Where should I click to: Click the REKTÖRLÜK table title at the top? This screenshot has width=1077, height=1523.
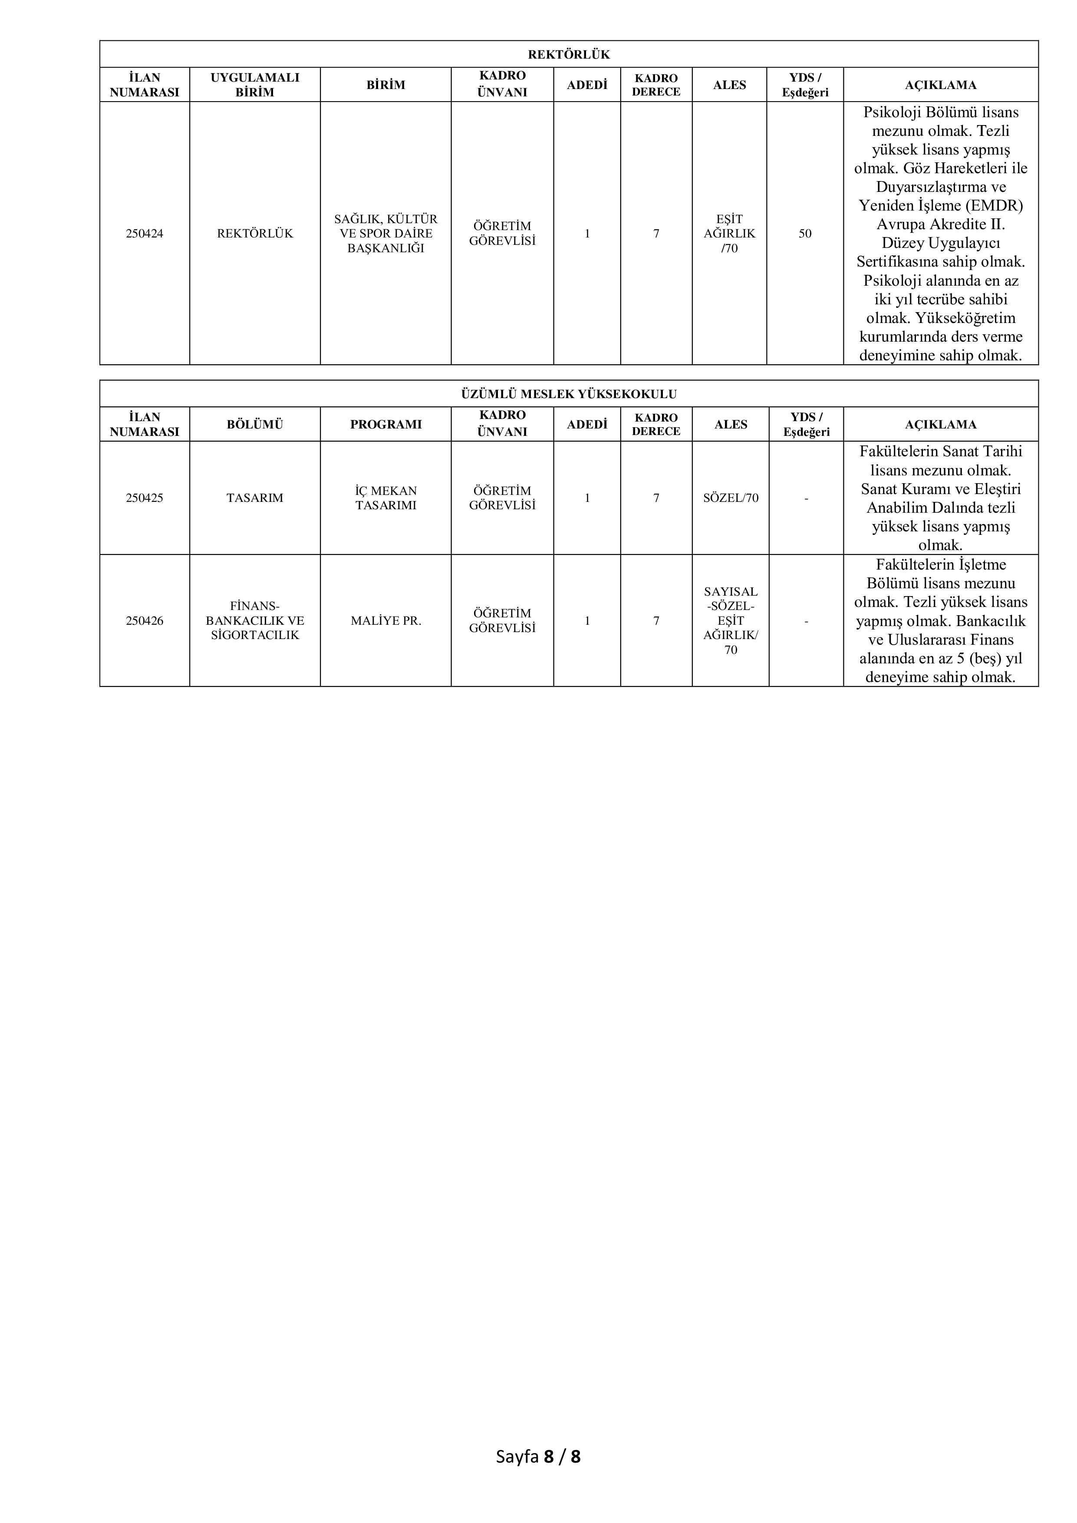point(568,54)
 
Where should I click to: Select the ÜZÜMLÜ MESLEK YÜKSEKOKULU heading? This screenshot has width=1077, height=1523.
point(568,394)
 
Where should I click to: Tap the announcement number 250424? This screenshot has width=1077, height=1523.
point(145,234)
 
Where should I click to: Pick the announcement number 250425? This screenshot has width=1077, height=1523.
point(145,498)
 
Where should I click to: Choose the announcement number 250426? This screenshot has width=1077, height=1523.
point(145,621)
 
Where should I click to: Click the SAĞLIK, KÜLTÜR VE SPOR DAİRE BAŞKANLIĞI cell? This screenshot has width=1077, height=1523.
point(385,234)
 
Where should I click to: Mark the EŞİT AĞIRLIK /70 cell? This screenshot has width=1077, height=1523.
point(729,234)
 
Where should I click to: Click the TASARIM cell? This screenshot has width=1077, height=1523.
point(255,498)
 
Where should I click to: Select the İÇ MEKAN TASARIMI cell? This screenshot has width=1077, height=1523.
point(385,498)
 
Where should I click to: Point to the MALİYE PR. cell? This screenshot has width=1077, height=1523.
point(385,621)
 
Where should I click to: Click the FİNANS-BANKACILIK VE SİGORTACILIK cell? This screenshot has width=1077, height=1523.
point(255,621)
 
